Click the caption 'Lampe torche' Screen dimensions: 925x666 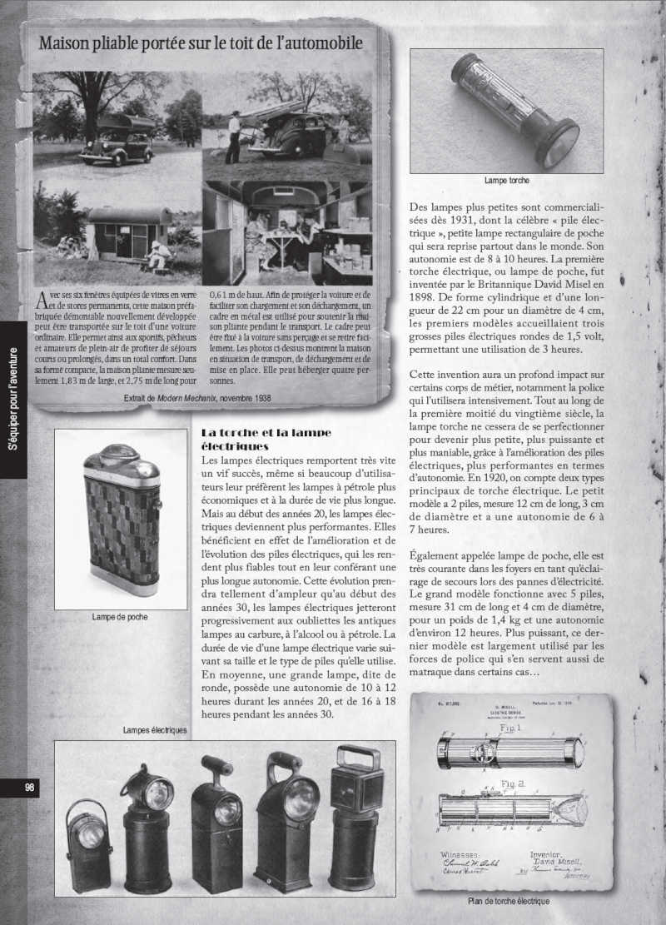pyautogui.click(x=506, y=180)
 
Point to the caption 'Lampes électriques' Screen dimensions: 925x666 pyautogui.click(x=154, y=730)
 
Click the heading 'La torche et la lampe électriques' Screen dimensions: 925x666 pyautogui.click(x=266, y=439)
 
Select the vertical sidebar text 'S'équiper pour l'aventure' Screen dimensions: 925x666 pyautogui.click(x=12, y=400)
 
